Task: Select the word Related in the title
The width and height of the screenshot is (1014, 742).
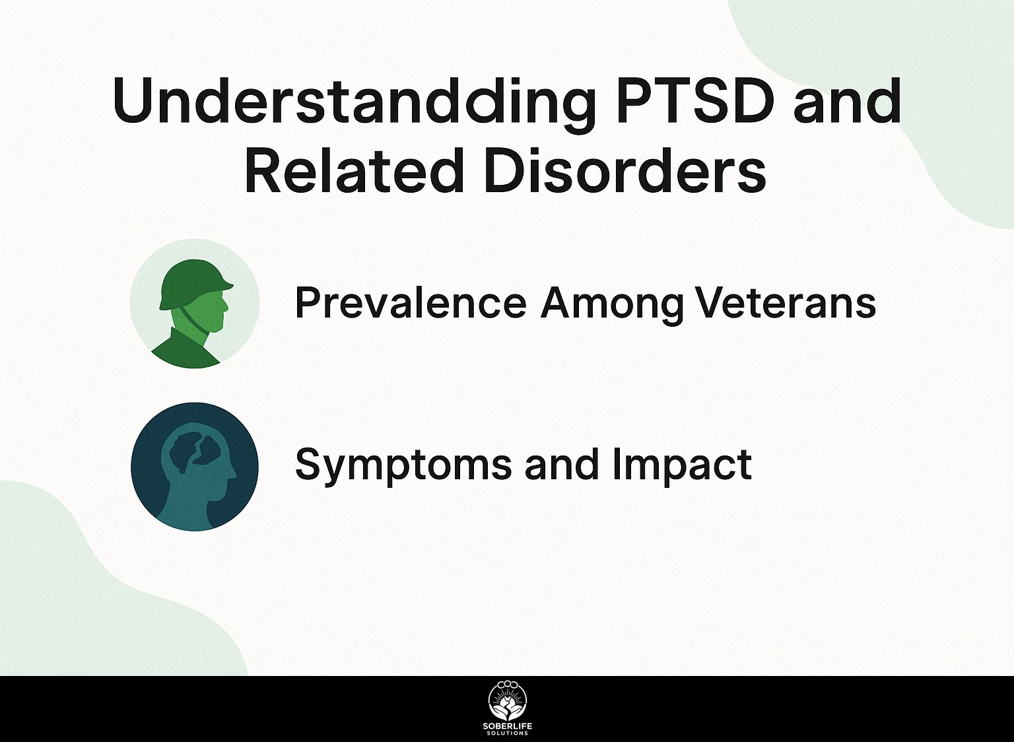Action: [x=354, y=170]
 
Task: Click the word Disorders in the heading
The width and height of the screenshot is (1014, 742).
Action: [x=625, y=170]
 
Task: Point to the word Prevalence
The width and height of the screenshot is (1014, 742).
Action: [x=411, y=303]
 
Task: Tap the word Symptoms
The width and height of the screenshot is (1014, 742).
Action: [x=402, y=466]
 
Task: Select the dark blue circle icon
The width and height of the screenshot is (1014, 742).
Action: [x=195, y=467]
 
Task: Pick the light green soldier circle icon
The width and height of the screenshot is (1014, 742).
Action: [x=195, y=304]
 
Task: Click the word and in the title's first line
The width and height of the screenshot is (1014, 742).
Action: [x=846, y=100]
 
